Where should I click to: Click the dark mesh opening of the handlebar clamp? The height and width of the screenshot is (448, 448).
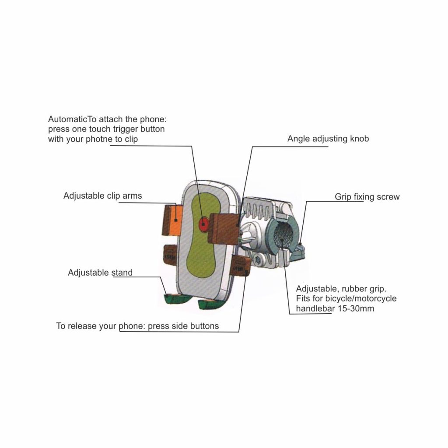click(283, 234)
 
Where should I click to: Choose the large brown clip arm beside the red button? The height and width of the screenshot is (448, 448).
click(224, 228)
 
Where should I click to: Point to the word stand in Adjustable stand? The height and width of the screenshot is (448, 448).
click(122, 273)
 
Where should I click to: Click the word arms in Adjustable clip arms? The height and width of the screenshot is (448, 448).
click(132, 196)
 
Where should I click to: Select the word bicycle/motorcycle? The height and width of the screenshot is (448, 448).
click(361, 298)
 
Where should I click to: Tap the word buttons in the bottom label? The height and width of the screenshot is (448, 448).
click(205, 326)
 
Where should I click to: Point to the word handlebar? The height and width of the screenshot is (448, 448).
click(315, 308)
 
